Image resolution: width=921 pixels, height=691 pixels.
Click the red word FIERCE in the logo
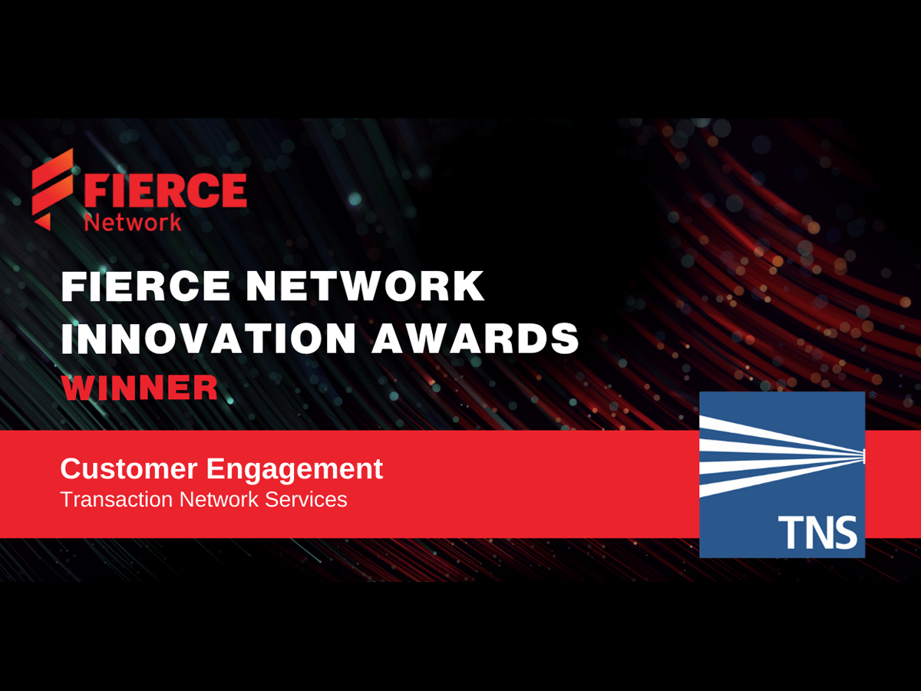(165, 190)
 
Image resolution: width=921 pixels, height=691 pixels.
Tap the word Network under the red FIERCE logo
(133, 223)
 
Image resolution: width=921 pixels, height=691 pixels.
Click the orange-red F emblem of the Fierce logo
(52, 189)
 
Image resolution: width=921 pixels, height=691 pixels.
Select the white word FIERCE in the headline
(146, 286)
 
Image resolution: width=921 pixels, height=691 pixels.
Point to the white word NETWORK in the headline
(365, 286)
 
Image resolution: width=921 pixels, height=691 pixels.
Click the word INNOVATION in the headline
(209, 338)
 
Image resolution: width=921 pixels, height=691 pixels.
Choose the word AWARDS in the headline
(475, 338)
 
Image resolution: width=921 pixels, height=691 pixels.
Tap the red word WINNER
(140, 387)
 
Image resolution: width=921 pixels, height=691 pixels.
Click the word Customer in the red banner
(129, 468)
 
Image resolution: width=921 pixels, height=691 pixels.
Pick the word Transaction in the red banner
(117, 499)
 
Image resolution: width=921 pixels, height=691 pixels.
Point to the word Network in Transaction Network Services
(219, 499)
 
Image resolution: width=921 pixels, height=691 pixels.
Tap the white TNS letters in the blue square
(817, 532)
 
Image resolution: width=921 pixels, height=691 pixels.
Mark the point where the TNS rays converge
(863, 456)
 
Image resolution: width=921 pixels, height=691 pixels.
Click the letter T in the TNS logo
(789, 532)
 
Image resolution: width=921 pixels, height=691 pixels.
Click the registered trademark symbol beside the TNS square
(873, 395)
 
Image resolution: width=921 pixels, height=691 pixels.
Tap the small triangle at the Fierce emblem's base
(42, 222)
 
